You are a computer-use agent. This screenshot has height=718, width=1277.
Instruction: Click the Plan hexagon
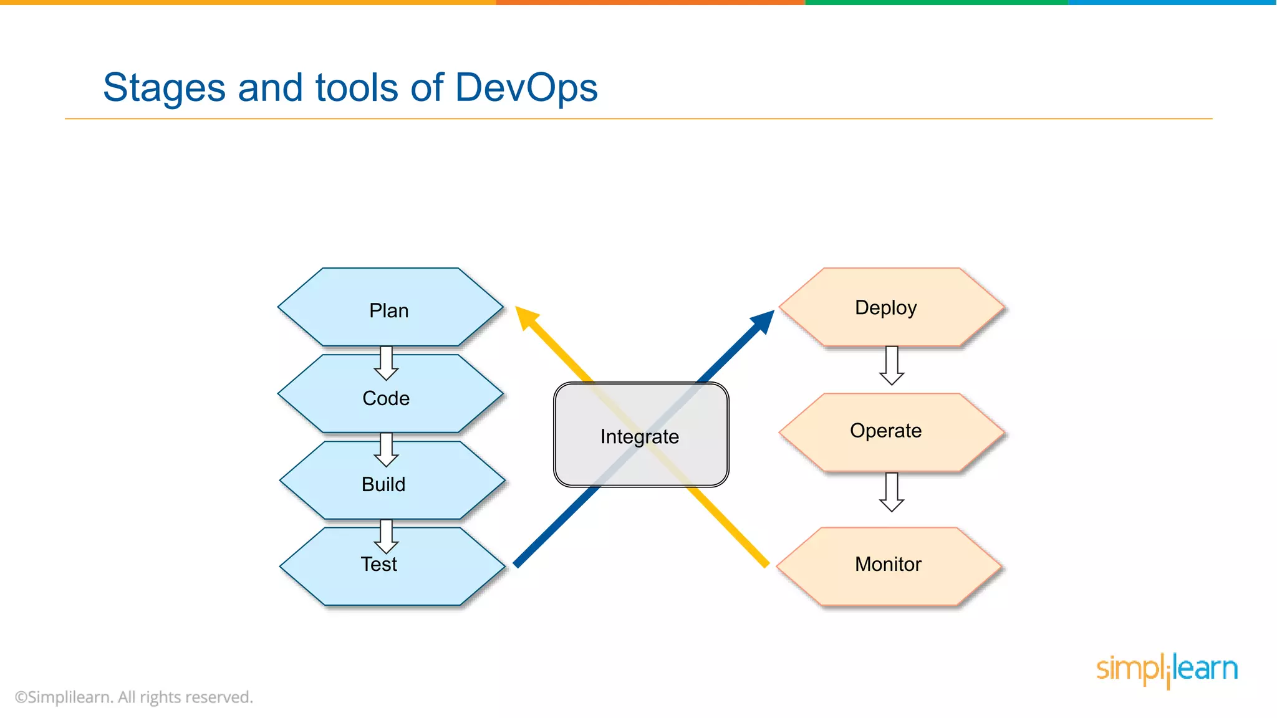390,310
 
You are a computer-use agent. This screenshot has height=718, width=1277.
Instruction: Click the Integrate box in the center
641,436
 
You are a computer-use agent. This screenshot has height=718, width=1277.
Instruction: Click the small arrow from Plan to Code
387,363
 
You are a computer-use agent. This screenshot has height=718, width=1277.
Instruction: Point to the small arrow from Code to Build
387,449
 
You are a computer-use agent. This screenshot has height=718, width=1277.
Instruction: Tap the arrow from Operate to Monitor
892,492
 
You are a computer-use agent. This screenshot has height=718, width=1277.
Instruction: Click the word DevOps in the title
526,87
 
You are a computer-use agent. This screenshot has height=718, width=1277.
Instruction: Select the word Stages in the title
164,87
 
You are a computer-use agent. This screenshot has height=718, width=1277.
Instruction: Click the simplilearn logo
1167,670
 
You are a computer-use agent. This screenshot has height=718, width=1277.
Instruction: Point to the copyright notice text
134,697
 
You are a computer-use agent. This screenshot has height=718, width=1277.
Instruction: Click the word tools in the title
357,87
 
